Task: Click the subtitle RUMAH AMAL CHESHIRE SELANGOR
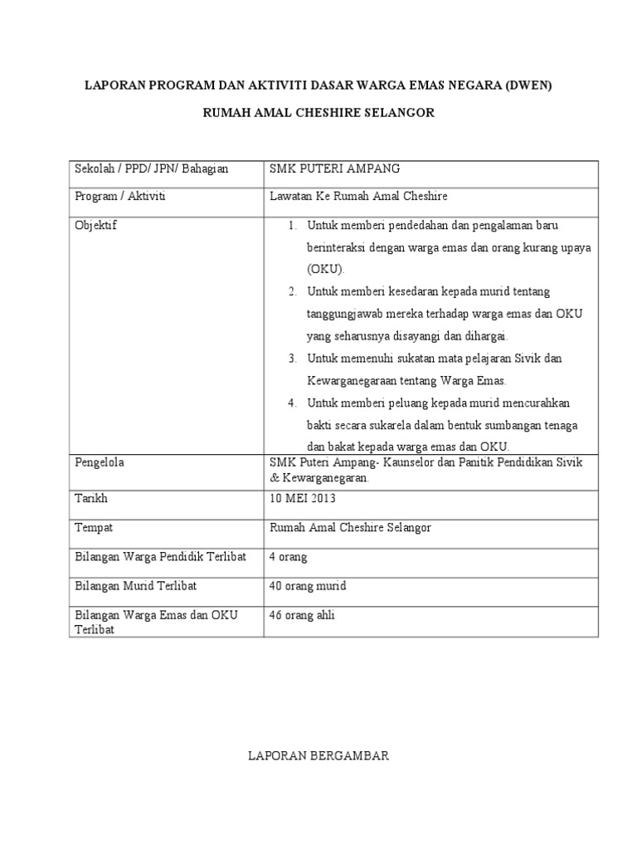point(319,113)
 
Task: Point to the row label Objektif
point(96,226)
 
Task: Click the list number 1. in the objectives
point(292,226)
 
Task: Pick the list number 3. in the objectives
point(292,359)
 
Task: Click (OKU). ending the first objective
point(325,270)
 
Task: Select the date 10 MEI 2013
point(304,500)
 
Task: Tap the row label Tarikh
point(91,500)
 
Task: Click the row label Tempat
point(94,528)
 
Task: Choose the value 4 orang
point(289,557)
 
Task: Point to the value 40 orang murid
point(308,586)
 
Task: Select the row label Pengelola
point(100,462)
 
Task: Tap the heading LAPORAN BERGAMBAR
point(319,756)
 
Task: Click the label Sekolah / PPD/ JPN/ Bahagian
point(151,169)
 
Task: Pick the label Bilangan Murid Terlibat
point(136,586)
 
